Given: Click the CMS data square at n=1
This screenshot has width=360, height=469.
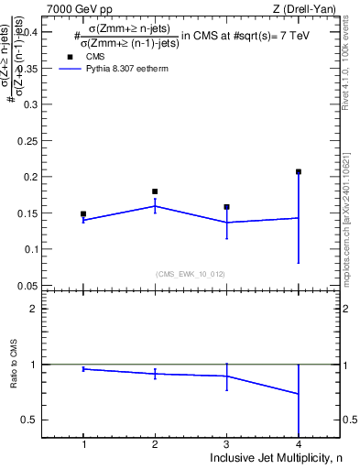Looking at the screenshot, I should coord(83,213).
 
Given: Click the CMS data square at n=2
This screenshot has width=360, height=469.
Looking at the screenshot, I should coord(155,191).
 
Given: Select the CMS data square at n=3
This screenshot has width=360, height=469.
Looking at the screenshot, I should coord(226,207).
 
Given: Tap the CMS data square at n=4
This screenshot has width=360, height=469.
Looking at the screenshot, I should coord(299,171).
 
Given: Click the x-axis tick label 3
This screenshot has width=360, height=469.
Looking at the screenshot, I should coord(226,444).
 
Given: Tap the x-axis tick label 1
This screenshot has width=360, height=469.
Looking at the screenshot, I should coord(83,444).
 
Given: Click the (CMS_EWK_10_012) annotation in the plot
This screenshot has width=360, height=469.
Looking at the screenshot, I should coord(191,274).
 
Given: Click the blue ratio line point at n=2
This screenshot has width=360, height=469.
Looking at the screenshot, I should coord(155,373).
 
